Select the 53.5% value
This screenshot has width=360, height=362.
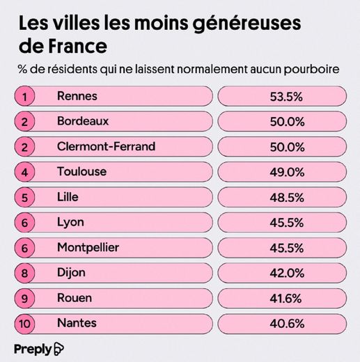click(x=285, y=97)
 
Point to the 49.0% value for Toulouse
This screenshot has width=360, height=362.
click(x=285, y=172)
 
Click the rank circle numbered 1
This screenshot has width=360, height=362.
click(x=25, y=97)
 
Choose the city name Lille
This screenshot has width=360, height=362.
click(x=68, y=197)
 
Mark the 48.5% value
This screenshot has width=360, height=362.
click(x=285, y=197)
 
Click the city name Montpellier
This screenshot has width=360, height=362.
click(x=88, y=247)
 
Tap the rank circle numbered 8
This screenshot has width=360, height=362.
click(x=25, y=272)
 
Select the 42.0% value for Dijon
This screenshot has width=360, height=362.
click(x=285, y=272)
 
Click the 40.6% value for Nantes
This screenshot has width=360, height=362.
click(x=285, y=322)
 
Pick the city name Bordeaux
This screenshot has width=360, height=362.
click(x=82, y=121)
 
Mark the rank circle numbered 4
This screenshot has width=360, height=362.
click(x=25, y=172)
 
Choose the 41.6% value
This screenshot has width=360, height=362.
click(x=285, y=297)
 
